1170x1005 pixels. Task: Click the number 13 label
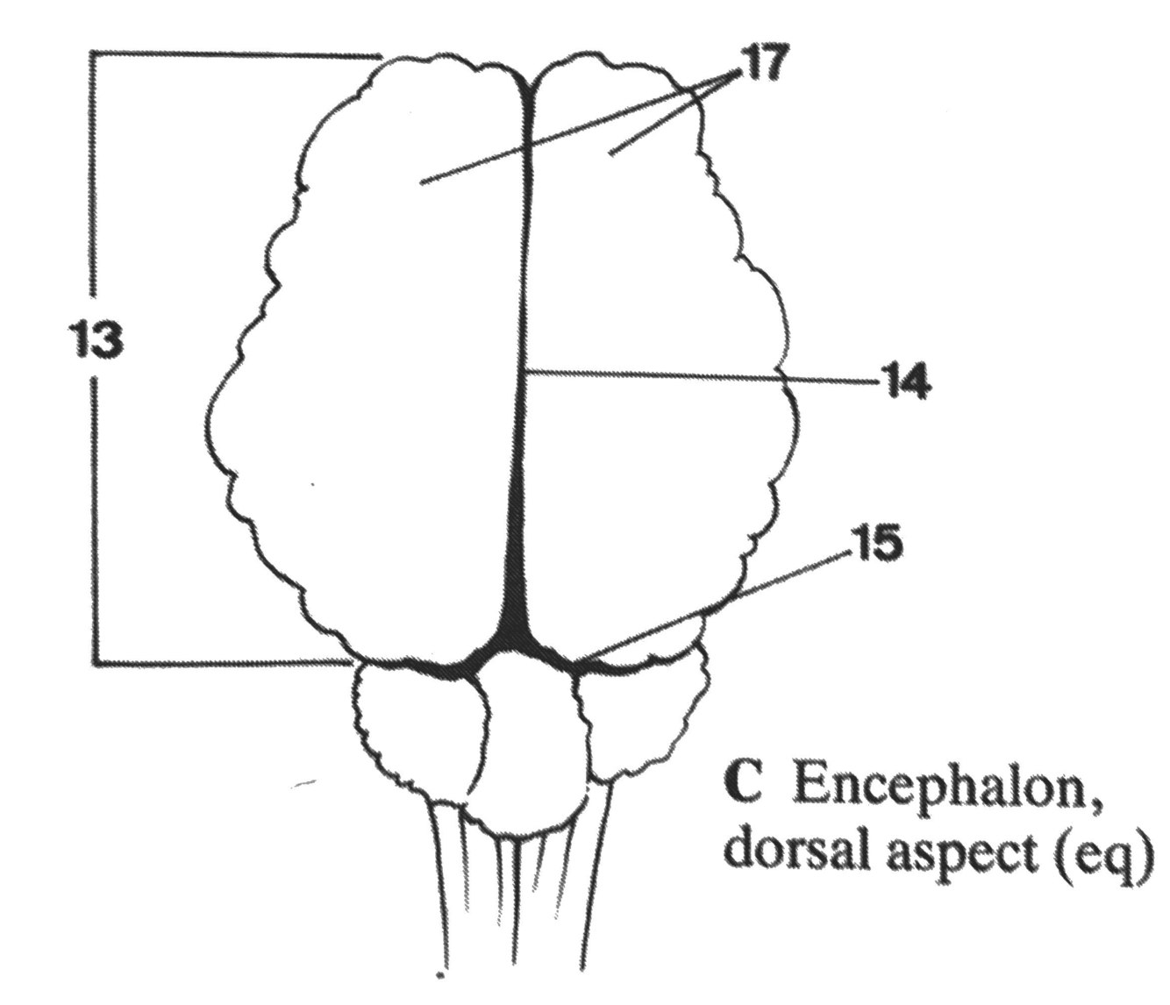click(x=95, y=340)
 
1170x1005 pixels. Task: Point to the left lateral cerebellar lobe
click(x=417, y=728)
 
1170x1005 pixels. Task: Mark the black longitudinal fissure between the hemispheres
click(x=523, y=438)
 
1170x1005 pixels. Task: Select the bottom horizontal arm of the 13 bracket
click(x=219, y=661)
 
